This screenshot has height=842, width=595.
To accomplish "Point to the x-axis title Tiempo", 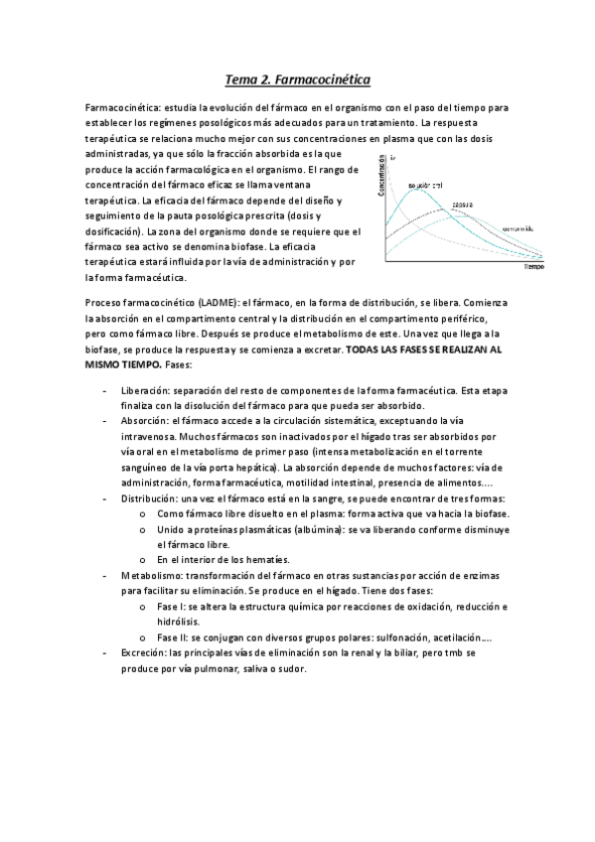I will pyautogui.click(x=533, y=267).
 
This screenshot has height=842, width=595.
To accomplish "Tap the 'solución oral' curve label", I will pyautogui.click(x=424, y=185).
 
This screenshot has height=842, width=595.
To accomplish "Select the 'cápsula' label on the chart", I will pyautogui.click(x=462, y=205).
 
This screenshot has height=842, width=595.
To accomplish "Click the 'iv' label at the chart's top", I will pyautogui.click(x=393, y=157).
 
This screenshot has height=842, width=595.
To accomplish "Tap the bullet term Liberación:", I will pyautogui.click(x=149, y=390).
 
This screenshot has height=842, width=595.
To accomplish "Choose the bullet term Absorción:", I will pyautogui.click(x=148, y=421).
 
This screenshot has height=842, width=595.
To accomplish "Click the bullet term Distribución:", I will pyautogui.click(x=152, y=497).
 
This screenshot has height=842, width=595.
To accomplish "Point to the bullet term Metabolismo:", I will pyautogui.click(x=153, y=575).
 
